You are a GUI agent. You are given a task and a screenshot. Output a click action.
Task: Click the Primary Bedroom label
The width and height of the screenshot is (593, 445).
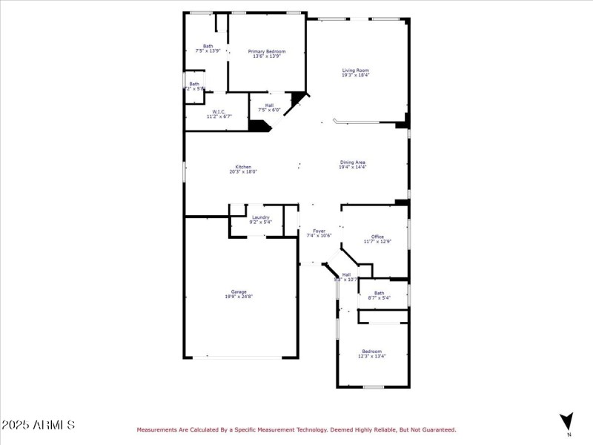coord(267,50)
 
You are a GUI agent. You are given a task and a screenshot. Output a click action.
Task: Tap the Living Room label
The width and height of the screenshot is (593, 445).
coord(355,70)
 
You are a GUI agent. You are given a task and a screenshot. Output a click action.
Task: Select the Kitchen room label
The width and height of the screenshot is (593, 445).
coord(243,167)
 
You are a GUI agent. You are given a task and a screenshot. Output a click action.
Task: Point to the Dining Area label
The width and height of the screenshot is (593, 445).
coord(353,162)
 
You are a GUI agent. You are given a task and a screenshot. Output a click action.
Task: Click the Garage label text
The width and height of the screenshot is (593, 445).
coord(239,291)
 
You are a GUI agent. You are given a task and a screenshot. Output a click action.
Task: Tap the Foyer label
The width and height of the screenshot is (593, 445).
coord(319,231)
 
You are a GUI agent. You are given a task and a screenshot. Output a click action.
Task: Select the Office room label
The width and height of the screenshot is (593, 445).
coord(377,237)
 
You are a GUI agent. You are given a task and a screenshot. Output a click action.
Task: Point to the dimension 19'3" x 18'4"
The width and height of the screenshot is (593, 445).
coord(355,75)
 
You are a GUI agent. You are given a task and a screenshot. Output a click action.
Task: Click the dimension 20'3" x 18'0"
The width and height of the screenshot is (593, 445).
coord(243,172)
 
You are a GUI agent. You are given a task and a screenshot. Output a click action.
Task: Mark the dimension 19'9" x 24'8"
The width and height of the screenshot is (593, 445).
coord(239,297)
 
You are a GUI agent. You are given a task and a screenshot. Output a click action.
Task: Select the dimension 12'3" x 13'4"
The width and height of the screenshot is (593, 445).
coord(372,356)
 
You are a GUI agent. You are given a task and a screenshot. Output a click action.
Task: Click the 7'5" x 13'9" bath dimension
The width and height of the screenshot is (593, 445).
coord(208,50)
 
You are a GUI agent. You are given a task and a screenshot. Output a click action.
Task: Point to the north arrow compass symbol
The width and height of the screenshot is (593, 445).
coord(567,421)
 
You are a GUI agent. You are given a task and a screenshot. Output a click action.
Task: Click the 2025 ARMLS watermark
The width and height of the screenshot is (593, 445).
coord(38,425)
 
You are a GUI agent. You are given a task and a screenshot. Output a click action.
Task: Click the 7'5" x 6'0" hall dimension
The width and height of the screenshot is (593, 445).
coord(269,111)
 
